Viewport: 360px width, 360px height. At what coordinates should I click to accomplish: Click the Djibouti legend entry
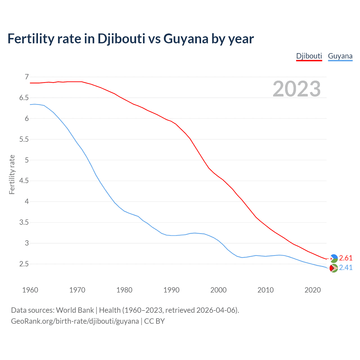[309, 56]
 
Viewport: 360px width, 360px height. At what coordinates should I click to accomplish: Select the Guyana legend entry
[340, 56]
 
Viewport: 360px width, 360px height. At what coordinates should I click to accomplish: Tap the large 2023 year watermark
[297, 89]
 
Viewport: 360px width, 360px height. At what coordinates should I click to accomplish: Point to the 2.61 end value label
[346, 258]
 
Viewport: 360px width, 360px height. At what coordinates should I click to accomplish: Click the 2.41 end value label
[346, 267]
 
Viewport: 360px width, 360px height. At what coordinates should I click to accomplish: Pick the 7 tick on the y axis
[27, 77]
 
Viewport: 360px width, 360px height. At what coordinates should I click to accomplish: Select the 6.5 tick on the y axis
[24, 98]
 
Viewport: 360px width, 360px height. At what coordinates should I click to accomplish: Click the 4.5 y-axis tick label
[24, 181]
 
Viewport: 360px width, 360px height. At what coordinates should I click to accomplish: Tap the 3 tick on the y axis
[27, 243]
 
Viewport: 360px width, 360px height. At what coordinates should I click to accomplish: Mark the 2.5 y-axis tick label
[24, 264]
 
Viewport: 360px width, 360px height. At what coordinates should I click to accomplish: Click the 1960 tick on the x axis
[30, 290]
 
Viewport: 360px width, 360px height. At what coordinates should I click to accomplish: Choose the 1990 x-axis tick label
[171, 290]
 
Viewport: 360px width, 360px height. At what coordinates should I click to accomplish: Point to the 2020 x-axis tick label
[312, 290]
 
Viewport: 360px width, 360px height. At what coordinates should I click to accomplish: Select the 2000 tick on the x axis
[218, 290]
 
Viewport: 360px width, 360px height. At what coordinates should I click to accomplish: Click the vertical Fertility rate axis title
[12, 174]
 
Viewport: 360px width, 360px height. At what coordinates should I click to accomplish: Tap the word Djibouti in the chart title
[121, 39]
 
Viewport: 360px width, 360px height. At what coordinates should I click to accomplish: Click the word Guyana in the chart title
[186, 39]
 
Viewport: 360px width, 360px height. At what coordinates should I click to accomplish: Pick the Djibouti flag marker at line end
[334, 258]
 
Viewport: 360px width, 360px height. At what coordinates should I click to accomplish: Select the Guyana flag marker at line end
[334, 268]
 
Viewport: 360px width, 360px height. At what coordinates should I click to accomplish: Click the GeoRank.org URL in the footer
[75, 321]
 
